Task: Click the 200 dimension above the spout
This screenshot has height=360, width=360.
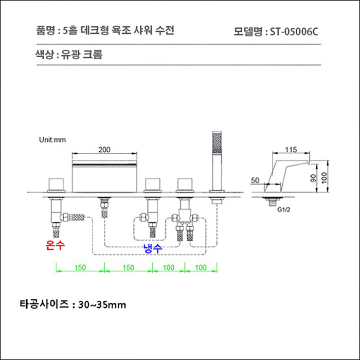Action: tap(104, 150)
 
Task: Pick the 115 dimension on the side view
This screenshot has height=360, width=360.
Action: tap(291, 150)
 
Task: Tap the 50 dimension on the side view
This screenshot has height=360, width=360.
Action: tap(256, 181)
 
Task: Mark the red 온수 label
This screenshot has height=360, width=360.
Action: tap(56, 246)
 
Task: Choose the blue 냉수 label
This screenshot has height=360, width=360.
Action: tap(152, 248)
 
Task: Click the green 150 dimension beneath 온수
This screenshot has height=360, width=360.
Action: tap(79, 268)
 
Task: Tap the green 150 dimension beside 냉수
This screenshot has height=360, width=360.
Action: tap(128, 268)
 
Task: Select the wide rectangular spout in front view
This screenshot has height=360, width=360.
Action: tap(104, 175)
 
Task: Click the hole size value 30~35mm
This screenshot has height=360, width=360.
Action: tap(102, 304)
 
